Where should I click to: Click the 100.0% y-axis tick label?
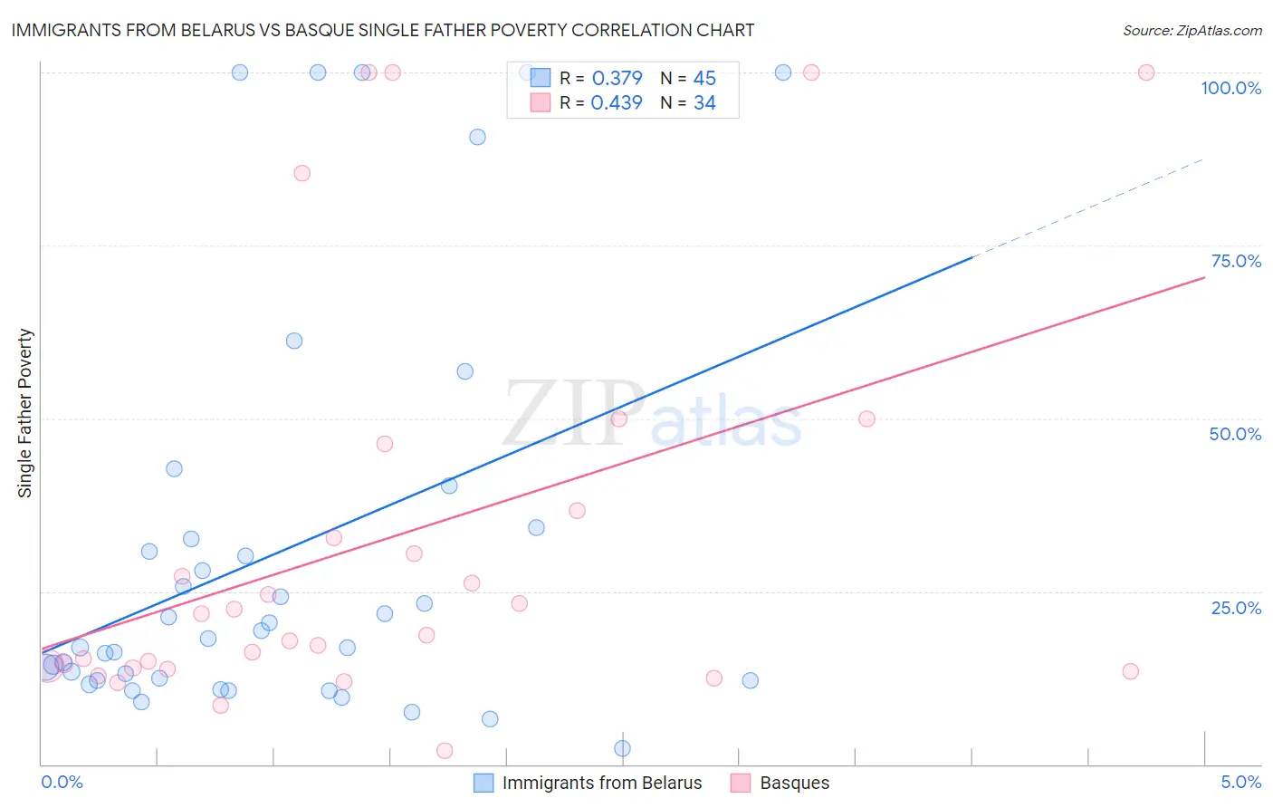coord(1230,88)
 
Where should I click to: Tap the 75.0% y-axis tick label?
coord(1236,261)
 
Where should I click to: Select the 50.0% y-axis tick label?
coord(1235,434)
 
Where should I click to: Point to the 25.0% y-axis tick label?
coord(1236,607)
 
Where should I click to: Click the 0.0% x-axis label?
coord(62,782)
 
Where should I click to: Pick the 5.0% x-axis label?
coord(1240,782)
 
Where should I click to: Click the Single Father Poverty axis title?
coord(24,413)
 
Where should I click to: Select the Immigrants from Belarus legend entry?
coord(601,783)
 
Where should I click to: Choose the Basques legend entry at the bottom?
coord(794,783)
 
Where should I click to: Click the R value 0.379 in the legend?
coord(617,79)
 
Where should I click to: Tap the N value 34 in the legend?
coord(704,103)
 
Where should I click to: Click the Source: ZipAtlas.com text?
coord(1192,31)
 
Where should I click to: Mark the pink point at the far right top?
coord(1146,72)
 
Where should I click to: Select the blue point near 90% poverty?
coord(477,137)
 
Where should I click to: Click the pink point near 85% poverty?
coord(302,173)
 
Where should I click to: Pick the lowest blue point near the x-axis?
coord(622,748)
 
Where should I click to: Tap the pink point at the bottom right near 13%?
coord(1130,671)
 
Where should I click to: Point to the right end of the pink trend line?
coord(1203,277)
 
